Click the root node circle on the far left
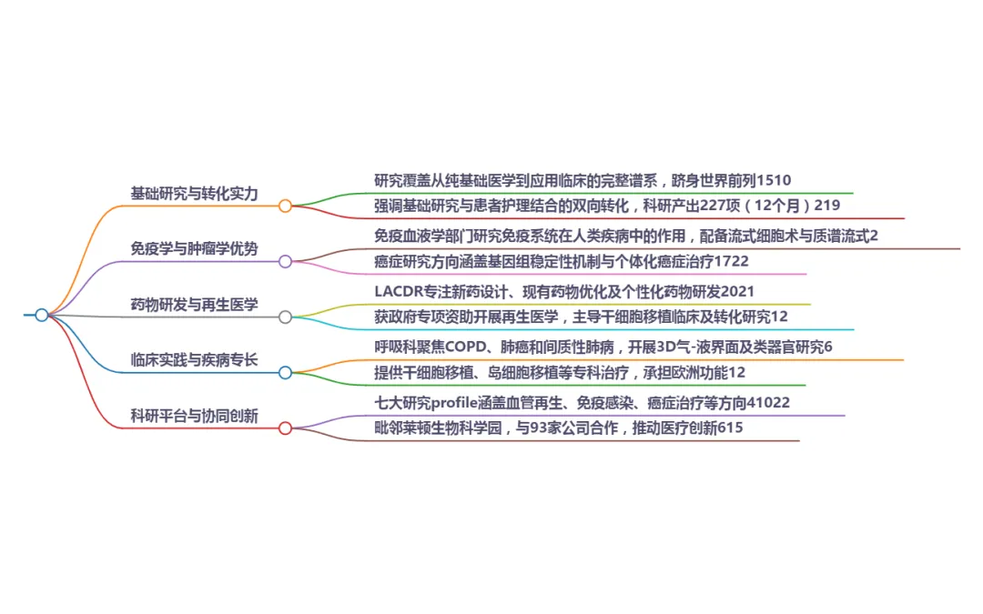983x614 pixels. click(41, 315)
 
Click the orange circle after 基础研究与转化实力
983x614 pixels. click(285, 206)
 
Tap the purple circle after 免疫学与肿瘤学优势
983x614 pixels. click(285, 261)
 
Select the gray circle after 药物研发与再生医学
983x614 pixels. click(285, 317)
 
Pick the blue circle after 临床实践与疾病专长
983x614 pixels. click(285, 373)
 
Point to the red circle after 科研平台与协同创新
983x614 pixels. click(285, 428)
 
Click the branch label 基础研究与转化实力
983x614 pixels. click(195, 194)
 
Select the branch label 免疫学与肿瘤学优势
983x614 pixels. click(195, 248)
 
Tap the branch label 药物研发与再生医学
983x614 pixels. click(195, 305)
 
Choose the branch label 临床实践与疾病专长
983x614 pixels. click(195, 359)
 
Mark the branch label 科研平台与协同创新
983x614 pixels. click(195, 416)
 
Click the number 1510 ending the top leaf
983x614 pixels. click(774, 180)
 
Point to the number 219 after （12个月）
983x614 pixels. click(826, 206)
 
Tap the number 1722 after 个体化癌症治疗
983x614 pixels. click(732, 261)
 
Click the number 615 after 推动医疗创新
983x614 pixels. click(731, 428)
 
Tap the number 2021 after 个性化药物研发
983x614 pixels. click(738, 291)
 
